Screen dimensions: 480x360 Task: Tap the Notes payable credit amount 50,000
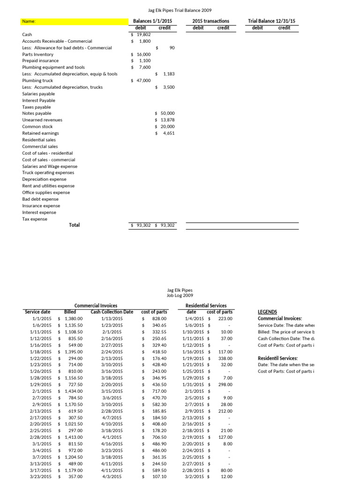(166, 113)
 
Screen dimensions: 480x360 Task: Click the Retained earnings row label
(37, 133)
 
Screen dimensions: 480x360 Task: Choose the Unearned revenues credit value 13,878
(166, 120)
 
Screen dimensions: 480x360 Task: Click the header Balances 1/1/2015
(152, 21)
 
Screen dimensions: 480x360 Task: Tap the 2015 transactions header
(211, 21)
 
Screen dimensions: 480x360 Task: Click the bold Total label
(75, 225)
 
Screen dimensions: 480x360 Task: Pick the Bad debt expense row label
(40, 199)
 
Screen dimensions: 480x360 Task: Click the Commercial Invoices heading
(96, 306)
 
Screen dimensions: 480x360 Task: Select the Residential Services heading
(206, 306)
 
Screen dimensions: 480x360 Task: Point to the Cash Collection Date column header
(112, 312)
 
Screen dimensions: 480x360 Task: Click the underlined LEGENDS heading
(268, 312)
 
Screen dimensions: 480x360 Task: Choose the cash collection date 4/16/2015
(112, 443)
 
